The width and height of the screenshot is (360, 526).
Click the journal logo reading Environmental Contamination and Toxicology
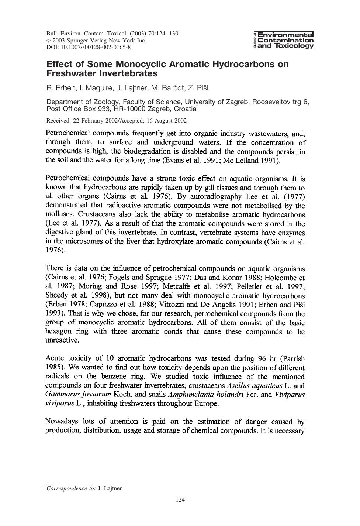284,40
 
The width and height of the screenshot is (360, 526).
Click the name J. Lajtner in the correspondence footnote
110,488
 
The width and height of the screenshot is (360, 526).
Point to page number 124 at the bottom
180,500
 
